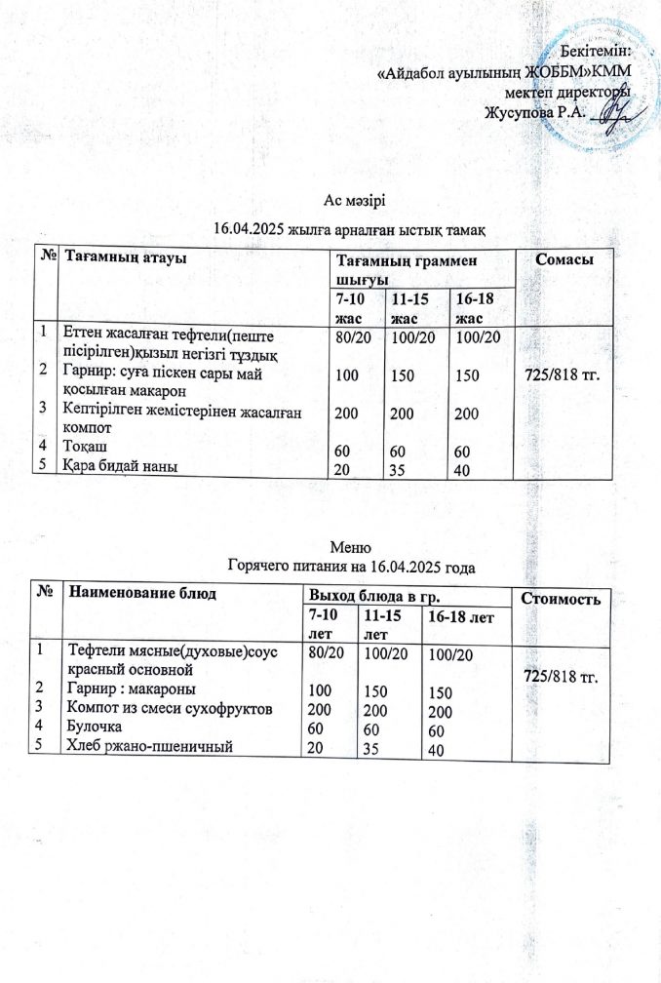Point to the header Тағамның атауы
click(125, 256)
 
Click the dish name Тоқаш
click(81, 446)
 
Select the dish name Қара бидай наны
click(118, 465)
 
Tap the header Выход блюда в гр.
click(362, 592)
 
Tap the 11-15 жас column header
click(409, 307)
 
